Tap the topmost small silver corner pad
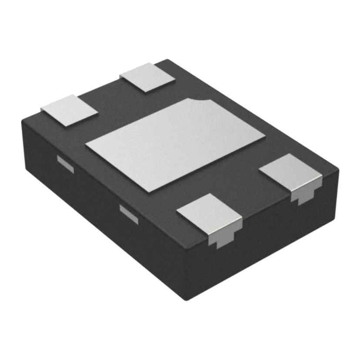click(x=147, y=77)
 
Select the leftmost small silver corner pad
click(x=69, y=110)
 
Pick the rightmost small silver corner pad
click(x=290, y=171)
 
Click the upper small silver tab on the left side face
click(x=65, y=164)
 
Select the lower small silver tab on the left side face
click(x=129, y=214)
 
